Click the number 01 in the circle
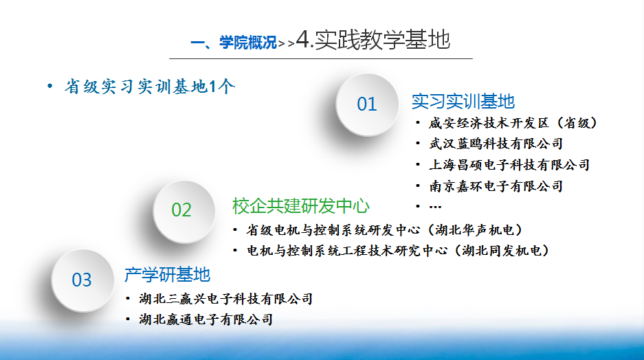367,104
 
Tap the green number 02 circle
184,212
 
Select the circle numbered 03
82,281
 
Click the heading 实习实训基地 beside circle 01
463,102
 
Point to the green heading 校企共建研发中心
301,206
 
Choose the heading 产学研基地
168,275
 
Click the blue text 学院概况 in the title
248,43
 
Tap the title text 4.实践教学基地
373,40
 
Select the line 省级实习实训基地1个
150,87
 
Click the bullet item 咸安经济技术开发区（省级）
513,123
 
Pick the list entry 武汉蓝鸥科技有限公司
496,144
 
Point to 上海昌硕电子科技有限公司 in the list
510,165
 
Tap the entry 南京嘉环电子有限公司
496,186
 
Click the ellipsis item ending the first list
435,207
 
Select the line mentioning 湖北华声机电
384,230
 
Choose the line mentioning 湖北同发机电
398,250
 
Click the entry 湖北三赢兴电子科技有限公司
226,299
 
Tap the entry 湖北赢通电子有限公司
206,319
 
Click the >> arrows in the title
287,43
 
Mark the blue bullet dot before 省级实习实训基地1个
50,86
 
